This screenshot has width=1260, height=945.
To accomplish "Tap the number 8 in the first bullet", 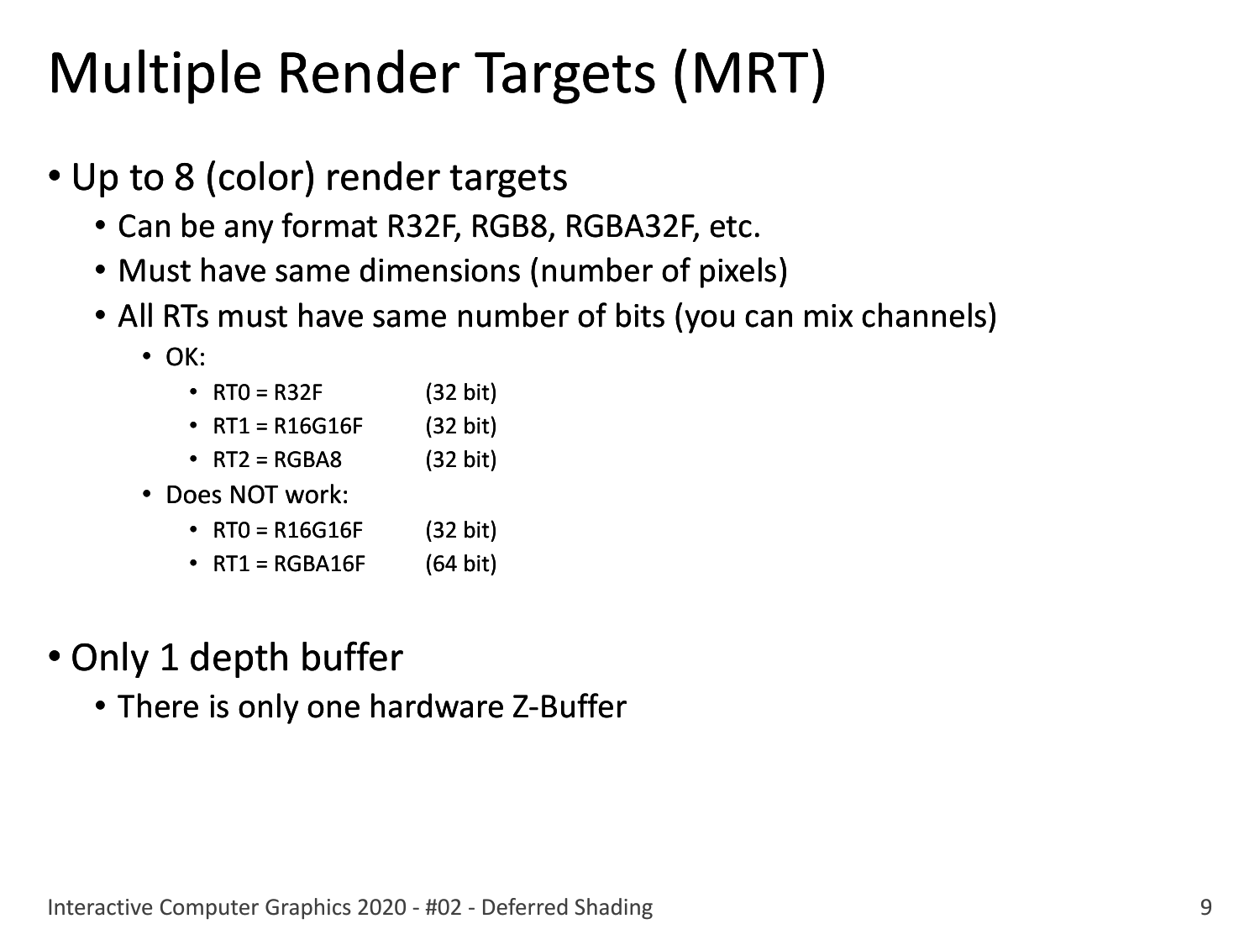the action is tap(184, 177).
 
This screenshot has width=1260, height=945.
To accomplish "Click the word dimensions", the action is tap(439, 270).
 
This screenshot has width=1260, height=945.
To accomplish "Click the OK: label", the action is tap(186, 358).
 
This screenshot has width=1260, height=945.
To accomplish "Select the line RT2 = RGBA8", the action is tap(277, 460).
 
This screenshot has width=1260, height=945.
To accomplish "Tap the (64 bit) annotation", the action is tap(461, 564).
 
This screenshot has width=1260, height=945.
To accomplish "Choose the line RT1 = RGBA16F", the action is tap(289, 564).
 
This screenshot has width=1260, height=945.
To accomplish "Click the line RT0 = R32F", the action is tap(267, 393).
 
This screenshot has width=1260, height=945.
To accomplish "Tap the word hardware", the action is tap(436, 707).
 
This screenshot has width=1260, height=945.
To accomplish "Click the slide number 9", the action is tap(1205, 908).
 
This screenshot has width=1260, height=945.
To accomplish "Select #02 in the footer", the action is tap(444, 908).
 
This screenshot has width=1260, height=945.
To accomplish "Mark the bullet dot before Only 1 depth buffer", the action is tap(55, 655).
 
